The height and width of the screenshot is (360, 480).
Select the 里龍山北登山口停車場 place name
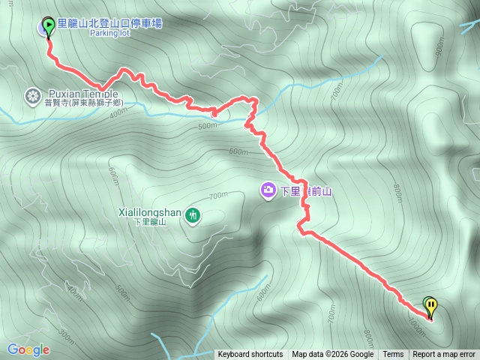109,24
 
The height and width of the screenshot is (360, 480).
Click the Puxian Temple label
83,94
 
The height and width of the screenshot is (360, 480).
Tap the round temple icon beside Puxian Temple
32,95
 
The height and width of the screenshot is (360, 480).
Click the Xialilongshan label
150,212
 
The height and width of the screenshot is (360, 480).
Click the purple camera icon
267,190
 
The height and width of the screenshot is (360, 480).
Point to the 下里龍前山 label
305,191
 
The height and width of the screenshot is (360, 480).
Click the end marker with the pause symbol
430,305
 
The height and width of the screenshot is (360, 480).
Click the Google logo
28,349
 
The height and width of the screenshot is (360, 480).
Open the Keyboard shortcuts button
250,355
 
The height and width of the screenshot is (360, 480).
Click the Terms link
393,355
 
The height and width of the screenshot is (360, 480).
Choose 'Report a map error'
444,355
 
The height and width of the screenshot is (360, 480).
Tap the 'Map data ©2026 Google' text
333,355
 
